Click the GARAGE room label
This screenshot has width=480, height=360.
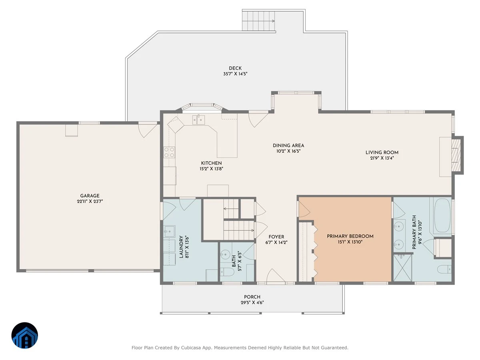point(90,196)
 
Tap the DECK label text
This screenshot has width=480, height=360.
point(235,68)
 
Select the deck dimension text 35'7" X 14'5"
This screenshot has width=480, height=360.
point(235,74)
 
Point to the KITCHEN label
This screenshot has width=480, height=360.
point(211,163)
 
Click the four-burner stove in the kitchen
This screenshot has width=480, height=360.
point(169,152)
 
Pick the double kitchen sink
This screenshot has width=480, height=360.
point(198,120)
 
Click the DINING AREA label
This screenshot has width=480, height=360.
point(288,145)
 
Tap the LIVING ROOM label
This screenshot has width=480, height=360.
point(382,152)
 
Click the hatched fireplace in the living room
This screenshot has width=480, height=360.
point(456,155)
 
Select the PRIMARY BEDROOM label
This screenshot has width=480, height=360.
point(350,236)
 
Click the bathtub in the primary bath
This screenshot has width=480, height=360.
point(442,215)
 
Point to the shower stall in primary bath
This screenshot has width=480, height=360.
point(402,268)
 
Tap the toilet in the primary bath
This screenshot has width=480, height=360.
point(444,269)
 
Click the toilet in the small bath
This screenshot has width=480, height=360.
point(227,272)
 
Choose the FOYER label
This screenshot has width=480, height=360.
point(276,237)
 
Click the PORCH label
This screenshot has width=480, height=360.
point(252,297)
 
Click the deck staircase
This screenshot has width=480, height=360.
point(258,21)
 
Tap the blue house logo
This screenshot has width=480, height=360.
point(25,335)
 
